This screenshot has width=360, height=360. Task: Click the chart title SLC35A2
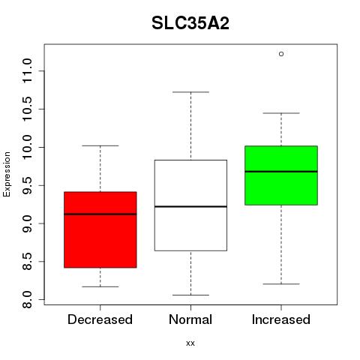tap(190, 23)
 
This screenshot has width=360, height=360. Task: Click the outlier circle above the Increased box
tap(281, 54)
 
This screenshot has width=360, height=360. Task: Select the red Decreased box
tap(100, 229)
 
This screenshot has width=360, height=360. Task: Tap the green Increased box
tap(281, 175)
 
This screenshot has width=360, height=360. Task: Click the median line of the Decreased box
tap(100, 214)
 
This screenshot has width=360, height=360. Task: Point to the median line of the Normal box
tap(190, 206)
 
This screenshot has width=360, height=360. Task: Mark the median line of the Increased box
tap(281, 172)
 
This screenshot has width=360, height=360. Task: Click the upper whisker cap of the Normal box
tap(190, 92)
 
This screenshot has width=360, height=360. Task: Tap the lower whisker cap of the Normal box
tap(190, 295)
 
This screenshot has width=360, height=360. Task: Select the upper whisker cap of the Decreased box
tap(100, 145)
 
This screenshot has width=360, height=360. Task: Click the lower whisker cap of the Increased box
tap(281, 284)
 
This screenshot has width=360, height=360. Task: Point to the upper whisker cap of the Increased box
tap(281, 113)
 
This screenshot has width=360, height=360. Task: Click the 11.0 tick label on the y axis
tap(27, 70)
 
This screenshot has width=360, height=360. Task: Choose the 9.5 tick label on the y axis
tap(27, 185)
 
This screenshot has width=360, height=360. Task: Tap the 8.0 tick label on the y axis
tap(27, 299)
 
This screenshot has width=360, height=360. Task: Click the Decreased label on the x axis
tap(100, 319)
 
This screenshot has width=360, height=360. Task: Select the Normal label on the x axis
tap(190, 319)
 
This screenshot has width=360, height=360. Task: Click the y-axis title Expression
tap(7, 175)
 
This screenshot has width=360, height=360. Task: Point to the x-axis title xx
tap(190, 343)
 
